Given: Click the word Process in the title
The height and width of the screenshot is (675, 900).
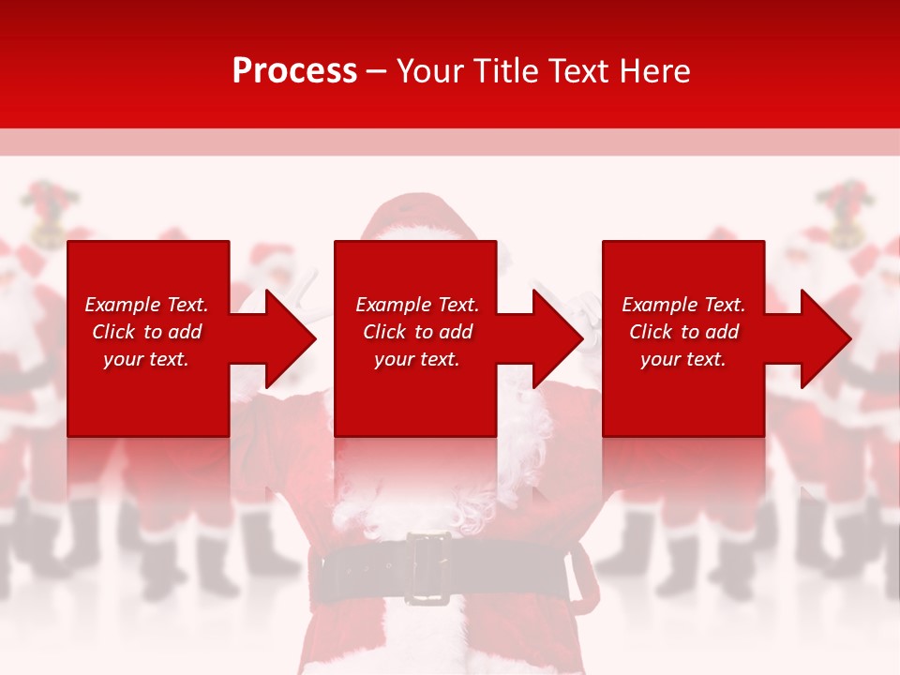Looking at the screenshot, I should click(294, 71).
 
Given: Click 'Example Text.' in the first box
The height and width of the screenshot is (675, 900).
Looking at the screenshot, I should click(146, 305).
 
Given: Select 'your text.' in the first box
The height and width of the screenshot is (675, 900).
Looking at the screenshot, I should click(146, 359).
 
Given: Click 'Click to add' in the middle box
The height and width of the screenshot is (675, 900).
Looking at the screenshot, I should click(417, 332).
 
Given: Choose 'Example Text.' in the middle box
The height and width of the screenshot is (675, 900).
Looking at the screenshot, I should click(417, 305).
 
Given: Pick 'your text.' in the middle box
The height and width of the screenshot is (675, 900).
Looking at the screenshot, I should click(417, 359).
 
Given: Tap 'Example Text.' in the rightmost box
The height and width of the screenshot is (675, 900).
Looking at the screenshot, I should click(683, 305).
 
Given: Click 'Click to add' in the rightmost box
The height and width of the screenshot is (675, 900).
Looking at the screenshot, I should click(683, 332).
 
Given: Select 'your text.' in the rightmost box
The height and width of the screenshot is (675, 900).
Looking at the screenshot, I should click(683, 359).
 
